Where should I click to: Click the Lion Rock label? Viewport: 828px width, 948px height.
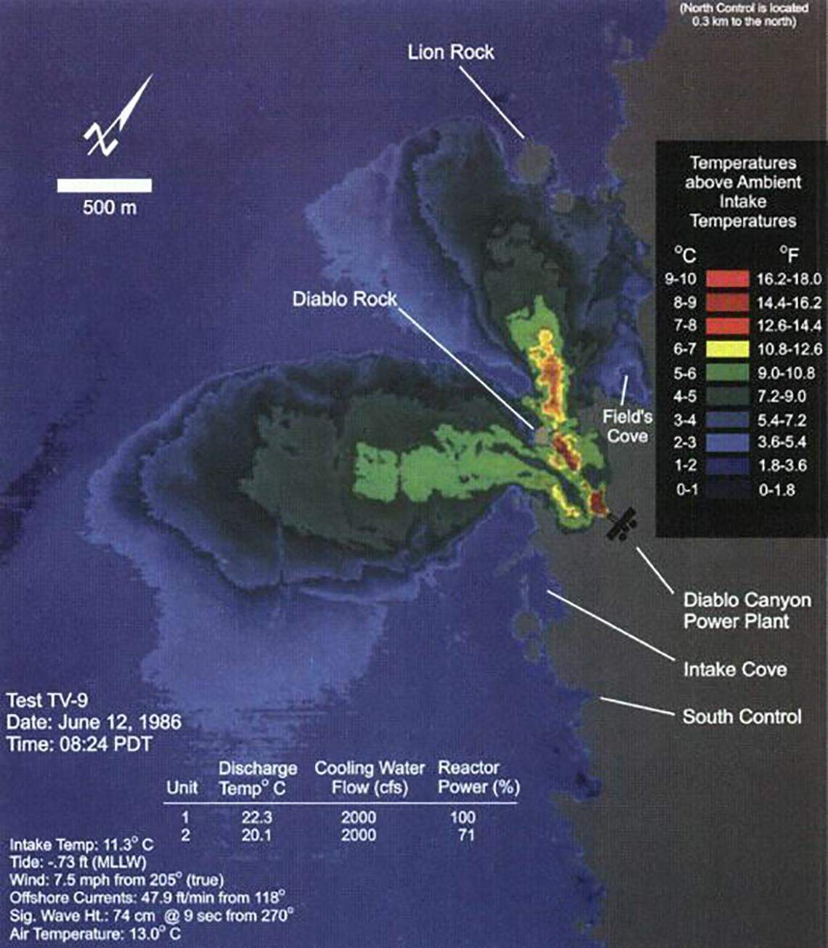pos(450,52)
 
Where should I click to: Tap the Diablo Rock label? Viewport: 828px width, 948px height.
pos(344,299)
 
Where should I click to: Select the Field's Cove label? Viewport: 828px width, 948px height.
pos(627,426)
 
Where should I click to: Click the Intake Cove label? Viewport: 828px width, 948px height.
pos(734,669)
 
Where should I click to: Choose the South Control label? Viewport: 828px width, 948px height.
pos(742,717)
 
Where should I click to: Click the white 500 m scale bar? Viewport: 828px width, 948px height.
pos(105,185)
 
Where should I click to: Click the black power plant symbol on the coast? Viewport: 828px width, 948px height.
pos(622,523)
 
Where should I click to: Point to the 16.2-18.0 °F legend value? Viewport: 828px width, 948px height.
pos(787,279)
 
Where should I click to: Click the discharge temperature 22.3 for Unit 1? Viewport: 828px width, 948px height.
pos(256,818)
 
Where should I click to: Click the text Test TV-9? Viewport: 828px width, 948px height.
pos(45,701)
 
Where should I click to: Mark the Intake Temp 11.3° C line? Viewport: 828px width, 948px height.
pos(81,846)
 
